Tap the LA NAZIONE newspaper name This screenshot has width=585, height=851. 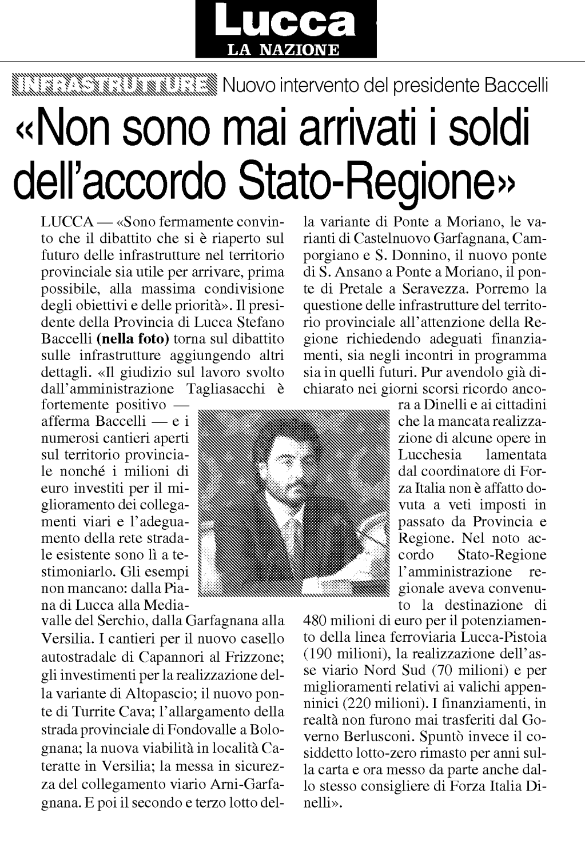pos(284,50)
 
